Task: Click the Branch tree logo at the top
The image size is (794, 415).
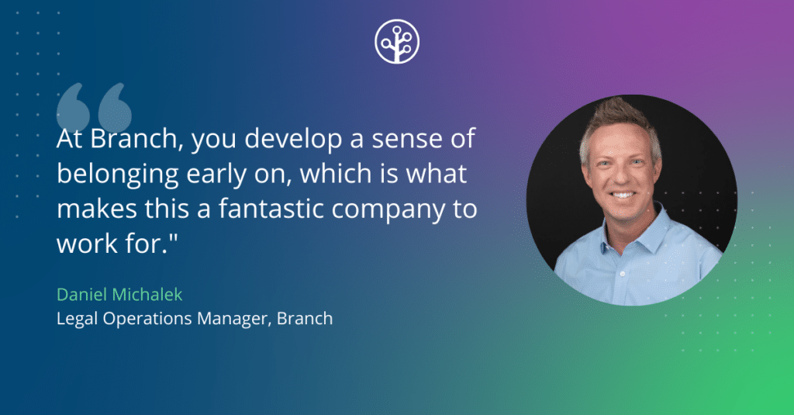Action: (x=396, y=42)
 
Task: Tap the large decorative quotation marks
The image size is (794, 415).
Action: (x=94, y=107)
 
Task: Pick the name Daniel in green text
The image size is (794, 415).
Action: (x=81, y=295)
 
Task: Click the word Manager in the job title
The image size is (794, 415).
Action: (x=233, y=319)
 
